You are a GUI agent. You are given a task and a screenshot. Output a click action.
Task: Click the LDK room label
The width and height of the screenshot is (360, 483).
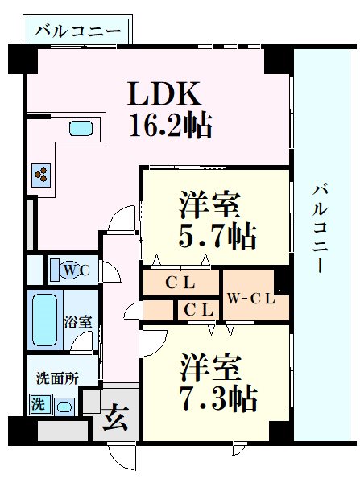[164, 93]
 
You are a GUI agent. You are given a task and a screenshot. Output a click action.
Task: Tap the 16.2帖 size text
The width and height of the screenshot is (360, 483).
[171, 125]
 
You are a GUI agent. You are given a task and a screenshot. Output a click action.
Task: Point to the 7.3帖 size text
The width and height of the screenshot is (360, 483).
[218, 398]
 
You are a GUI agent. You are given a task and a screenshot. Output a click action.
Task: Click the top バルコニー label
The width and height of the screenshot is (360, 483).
[77, 31]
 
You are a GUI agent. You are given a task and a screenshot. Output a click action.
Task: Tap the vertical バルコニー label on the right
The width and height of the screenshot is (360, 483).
[321, 228]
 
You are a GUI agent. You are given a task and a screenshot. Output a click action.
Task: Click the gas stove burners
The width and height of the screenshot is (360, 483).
[41, 175]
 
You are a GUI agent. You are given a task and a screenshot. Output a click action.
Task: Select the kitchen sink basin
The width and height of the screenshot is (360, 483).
[81, 129]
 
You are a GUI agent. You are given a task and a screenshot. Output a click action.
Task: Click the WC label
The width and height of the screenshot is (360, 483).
[77, 270]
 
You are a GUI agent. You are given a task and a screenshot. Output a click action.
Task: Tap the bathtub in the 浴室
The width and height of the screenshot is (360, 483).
[45, 320]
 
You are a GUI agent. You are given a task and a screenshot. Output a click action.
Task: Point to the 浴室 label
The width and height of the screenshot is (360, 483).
[78, 322]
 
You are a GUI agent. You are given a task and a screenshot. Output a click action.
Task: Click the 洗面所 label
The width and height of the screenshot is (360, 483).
[57, 378]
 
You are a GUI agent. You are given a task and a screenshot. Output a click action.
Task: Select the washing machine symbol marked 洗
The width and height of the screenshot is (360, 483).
[39, 403]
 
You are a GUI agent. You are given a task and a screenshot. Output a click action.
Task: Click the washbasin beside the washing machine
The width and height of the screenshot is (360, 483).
[64, 407]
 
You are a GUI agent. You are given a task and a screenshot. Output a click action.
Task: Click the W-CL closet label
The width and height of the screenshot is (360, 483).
[251, 299]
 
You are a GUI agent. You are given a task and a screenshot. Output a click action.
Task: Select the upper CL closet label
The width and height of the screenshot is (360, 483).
[180, 283]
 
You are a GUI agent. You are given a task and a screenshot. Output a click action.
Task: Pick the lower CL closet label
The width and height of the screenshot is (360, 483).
[199, 310]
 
